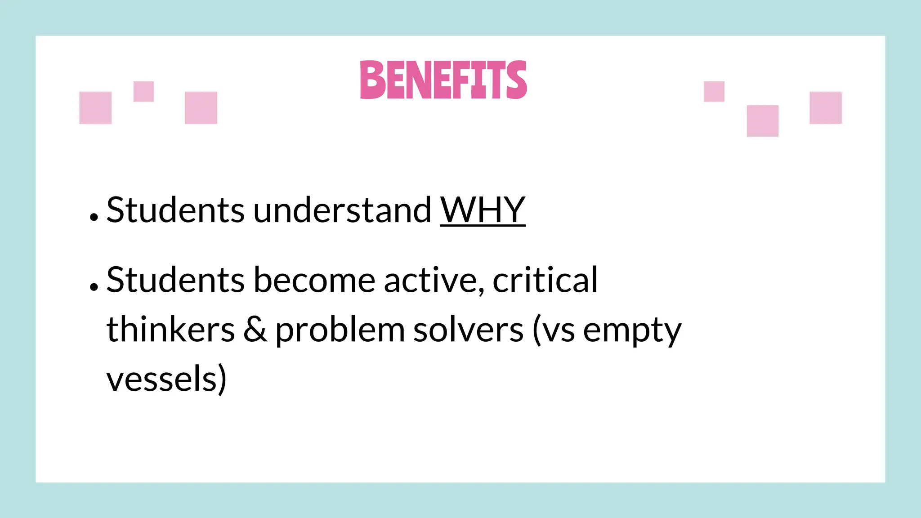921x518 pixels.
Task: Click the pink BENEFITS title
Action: click(x=443, y=80)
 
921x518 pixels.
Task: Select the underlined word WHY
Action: click(x=483, y=210)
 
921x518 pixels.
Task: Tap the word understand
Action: click(x=342, y=210)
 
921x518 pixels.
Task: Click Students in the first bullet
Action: click(x=175, y=210)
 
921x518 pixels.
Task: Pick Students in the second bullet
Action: click(x=175, y=280)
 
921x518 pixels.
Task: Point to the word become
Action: click(x=314, y=280)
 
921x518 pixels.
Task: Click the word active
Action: click(x=434, y=280)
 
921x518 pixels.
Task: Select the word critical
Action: click(x=545, y=280)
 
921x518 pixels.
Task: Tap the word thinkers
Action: click(x=170, y=330)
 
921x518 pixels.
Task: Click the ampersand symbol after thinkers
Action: click(x=255, y=330)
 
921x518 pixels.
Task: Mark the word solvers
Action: click(x=468, y=330)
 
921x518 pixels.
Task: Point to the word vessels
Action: click(x=162, y=379)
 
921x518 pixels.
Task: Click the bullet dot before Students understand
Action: click(x=94, y=217)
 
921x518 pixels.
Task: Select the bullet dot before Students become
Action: click(x=94, y=286)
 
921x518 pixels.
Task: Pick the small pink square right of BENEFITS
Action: click(x=714, y=91)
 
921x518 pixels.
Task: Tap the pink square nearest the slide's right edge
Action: click(x=825, y=107)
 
